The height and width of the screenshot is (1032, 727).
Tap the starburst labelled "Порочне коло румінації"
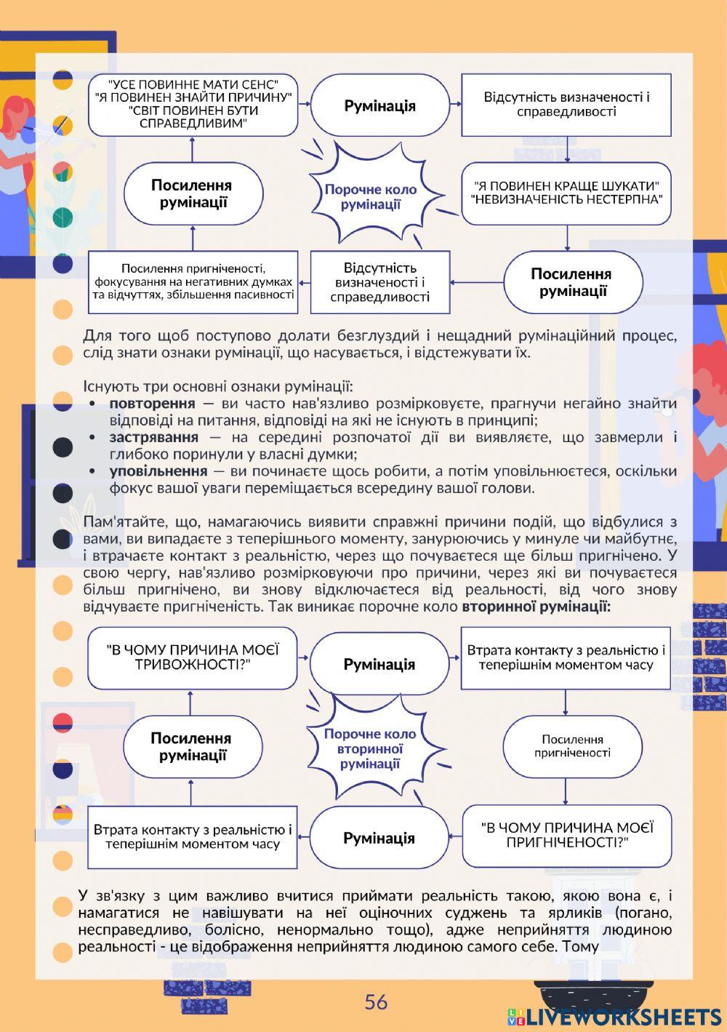tap(371, 196)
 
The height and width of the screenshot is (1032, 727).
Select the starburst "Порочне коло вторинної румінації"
tap(370, 748)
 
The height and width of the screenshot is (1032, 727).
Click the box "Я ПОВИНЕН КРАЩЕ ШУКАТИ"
tap(566, 193)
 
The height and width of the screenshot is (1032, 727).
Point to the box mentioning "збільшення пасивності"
tap(193, 281)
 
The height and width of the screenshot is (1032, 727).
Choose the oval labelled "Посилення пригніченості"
tap(572, 746)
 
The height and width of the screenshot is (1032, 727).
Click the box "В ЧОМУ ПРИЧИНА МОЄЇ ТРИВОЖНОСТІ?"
tap(193, 657)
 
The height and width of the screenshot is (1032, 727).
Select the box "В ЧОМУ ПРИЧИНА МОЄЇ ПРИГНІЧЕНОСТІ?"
tap(567, 835)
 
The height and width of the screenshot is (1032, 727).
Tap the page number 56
tap(376, 1002)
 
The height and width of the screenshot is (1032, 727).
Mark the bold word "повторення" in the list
tap(152, 403)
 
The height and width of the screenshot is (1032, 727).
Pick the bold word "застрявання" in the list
tap(153, 437)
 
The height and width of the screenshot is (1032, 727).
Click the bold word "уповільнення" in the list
tap(157, 471)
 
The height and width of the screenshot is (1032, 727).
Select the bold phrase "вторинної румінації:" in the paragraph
tap(536, 606)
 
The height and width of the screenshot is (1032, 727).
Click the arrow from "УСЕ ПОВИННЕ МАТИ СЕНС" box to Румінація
tap(304, 104)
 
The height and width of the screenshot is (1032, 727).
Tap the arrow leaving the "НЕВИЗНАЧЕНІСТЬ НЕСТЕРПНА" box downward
tap(567, 237)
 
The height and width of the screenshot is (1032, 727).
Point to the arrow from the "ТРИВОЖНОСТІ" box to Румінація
tap(303, 657)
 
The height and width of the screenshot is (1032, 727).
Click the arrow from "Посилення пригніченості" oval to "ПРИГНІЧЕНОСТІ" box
tap(566, 791)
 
